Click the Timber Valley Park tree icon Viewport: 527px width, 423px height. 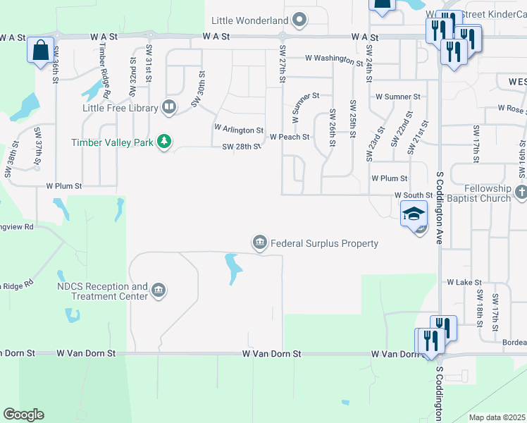(x=164, y=142)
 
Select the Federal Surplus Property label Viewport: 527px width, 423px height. (x=324, y=243)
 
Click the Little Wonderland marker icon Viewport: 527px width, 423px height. (x=300, y=19)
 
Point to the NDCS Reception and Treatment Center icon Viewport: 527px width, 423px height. (x=159, y=290)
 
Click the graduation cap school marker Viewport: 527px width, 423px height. (x=414, y=213)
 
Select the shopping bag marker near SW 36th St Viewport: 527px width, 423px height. (x=41, y=51)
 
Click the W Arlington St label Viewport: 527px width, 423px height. (x=238, y=130)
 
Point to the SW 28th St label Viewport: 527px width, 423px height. (x=241, y=147)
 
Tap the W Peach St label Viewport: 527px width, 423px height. (x=289, y=137)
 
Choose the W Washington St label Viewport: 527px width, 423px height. (x=333, y=59)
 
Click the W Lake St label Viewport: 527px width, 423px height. (x=464, y=281)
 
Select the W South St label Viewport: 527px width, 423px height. (x=412, y=194)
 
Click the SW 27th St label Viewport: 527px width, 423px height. (x=283, y=61)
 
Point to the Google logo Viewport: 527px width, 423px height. (x=23, y=415)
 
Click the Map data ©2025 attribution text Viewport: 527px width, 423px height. (x=497, y=417)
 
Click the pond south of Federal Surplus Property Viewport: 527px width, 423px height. (x=232, y=268)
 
